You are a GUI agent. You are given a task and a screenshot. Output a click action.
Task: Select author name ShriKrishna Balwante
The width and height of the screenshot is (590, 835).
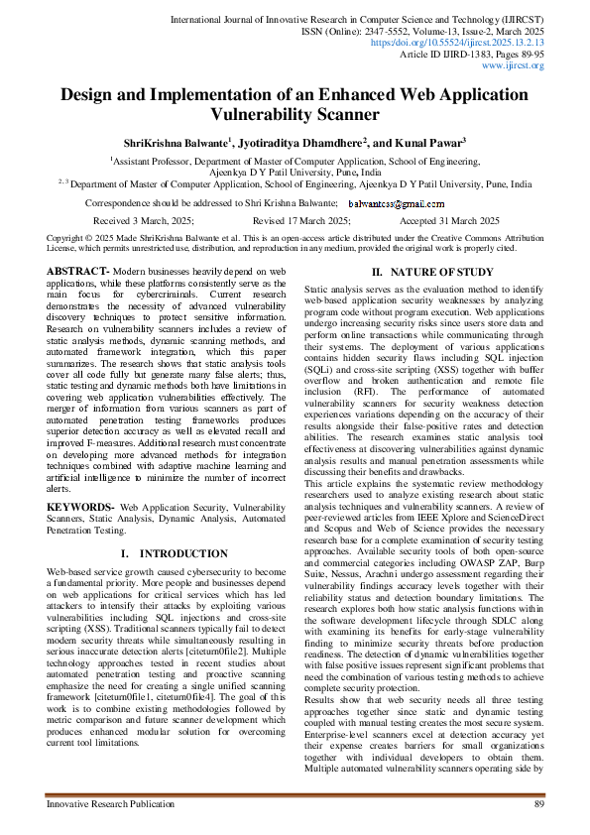coord(175,143)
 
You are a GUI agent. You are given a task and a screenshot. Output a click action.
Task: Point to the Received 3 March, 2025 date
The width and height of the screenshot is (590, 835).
coord(143,221)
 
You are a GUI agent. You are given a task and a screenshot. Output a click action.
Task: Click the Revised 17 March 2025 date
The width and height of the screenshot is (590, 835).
coord(301,221)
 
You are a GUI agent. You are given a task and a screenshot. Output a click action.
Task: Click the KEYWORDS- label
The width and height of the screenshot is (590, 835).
coord(80,506)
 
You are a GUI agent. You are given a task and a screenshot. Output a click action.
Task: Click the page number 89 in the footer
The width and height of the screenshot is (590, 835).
coord(538,803)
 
